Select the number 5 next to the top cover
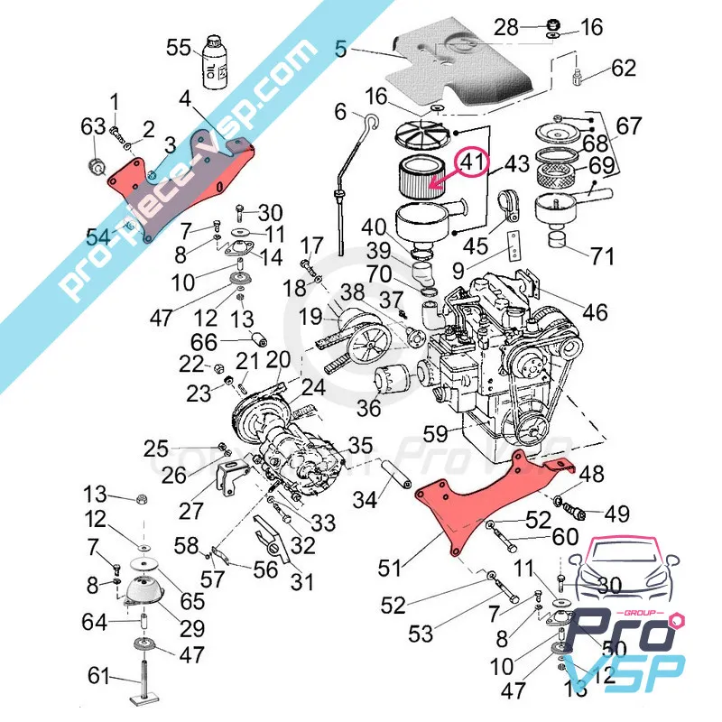[x=340, y=51]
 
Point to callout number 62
[x=624, y=69]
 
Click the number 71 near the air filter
[x=602, y=255]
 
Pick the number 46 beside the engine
[x=595, y=312]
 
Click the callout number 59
[x=436, y=434]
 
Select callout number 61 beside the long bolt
[x=99, y=677]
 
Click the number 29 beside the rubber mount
[x=192, y=628]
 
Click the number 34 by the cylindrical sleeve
[x=365, y=499]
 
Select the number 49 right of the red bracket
[x=616, y=514]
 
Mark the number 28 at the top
[x=506, y=26]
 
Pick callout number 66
[x=205, y=342]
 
